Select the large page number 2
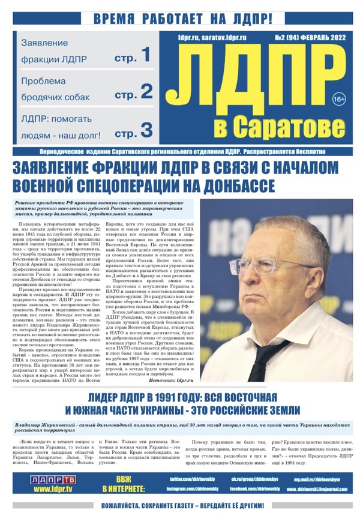[x=146, y=91]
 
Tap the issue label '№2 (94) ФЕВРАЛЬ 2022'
[x=309, y=37]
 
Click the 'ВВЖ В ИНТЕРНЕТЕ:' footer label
[x=124, y=484]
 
